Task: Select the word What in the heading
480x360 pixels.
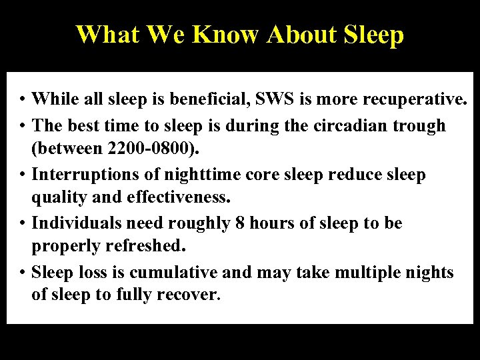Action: [106, 35]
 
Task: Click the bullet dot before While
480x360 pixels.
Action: [22, 101]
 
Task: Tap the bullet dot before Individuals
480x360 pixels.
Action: [22, 223]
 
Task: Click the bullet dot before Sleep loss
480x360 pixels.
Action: [22, 272]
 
